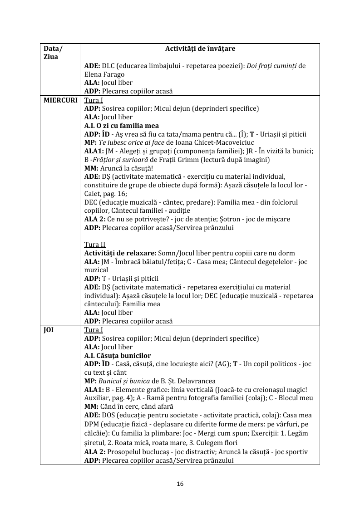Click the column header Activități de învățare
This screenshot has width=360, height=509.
[200, 48]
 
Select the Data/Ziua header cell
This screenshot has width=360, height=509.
[53, 52]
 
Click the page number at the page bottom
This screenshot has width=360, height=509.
[180, 484]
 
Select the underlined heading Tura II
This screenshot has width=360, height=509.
[95, 245]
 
